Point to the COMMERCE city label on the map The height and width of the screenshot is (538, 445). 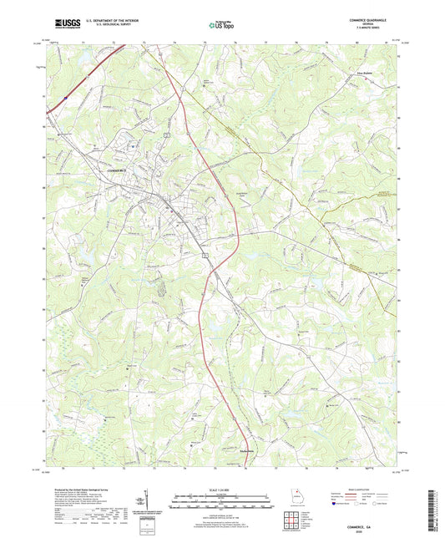(x=121, y=170)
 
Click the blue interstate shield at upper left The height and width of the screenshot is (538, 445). (x=63, y=98)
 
